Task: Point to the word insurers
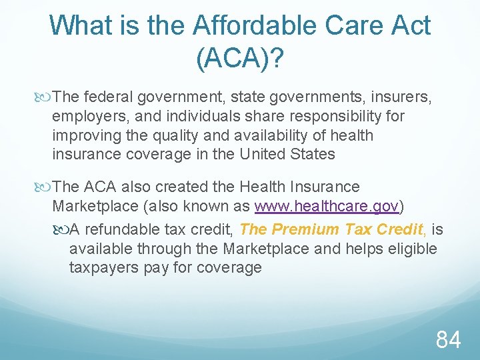(x=400, y=98)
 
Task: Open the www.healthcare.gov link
(x=327, y=206)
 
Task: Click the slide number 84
(x=448, y=340)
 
